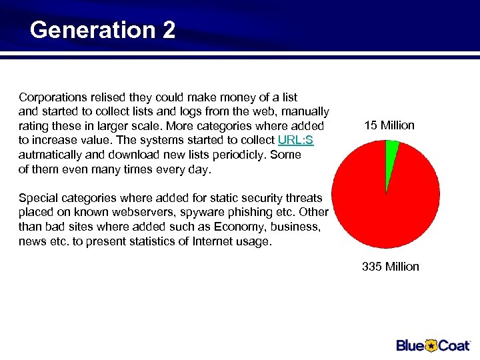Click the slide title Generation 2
[x=103, y=30]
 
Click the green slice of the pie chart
[x=392, y=150]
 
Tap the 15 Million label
[x=389, y=125]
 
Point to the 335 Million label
[x=391, y=267]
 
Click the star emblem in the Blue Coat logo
[x=431, y=345]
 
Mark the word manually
[x=305, y=111]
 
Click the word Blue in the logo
[x=411, y=345]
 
